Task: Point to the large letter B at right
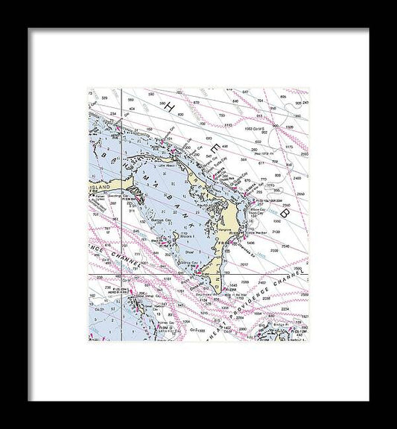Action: point(285,212)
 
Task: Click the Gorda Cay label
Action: point(186,263)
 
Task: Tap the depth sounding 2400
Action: point(296,179)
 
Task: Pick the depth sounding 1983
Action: point(250,129)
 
